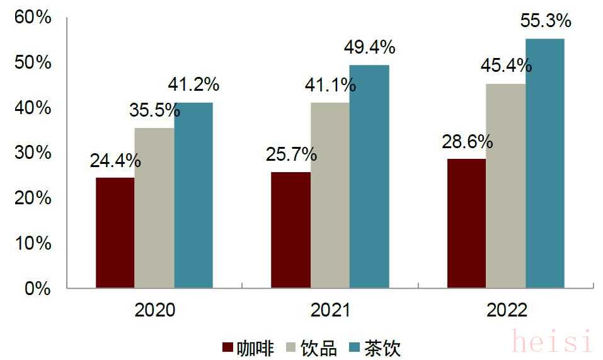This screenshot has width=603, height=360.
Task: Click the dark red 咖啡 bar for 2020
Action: pos(115,233)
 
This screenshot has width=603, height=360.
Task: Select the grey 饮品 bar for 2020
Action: pos(154,208)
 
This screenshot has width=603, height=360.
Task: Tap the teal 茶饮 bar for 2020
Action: pos(193,195)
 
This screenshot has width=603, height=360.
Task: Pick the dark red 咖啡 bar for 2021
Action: pos(290,230)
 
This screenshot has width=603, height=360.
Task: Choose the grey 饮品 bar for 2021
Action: pos(330,195)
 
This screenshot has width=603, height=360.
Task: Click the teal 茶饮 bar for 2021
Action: pos(369,177)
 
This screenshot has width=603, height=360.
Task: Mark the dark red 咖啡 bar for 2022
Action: pos(466,223)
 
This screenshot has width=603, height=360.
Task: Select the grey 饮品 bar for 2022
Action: pos(505,186)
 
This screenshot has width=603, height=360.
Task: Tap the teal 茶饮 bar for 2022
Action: pos(545,163)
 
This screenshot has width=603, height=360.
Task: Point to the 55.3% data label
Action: pos(546,21)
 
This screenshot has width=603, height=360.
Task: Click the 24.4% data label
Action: pos(115,161)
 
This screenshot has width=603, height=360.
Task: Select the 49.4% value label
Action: pos(369,47)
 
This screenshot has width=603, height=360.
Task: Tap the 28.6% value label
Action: pos(467,141)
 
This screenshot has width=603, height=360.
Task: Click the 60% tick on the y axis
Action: pos(33,18)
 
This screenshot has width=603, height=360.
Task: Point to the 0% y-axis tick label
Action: pos(37,288)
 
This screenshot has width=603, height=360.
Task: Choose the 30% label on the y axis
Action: pos(33,153)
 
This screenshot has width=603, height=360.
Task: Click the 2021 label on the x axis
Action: pos(330,310)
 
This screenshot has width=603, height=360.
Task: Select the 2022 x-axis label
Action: pos(506,310)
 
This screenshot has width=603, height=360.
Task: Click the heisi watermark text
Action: pos(552,342)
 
